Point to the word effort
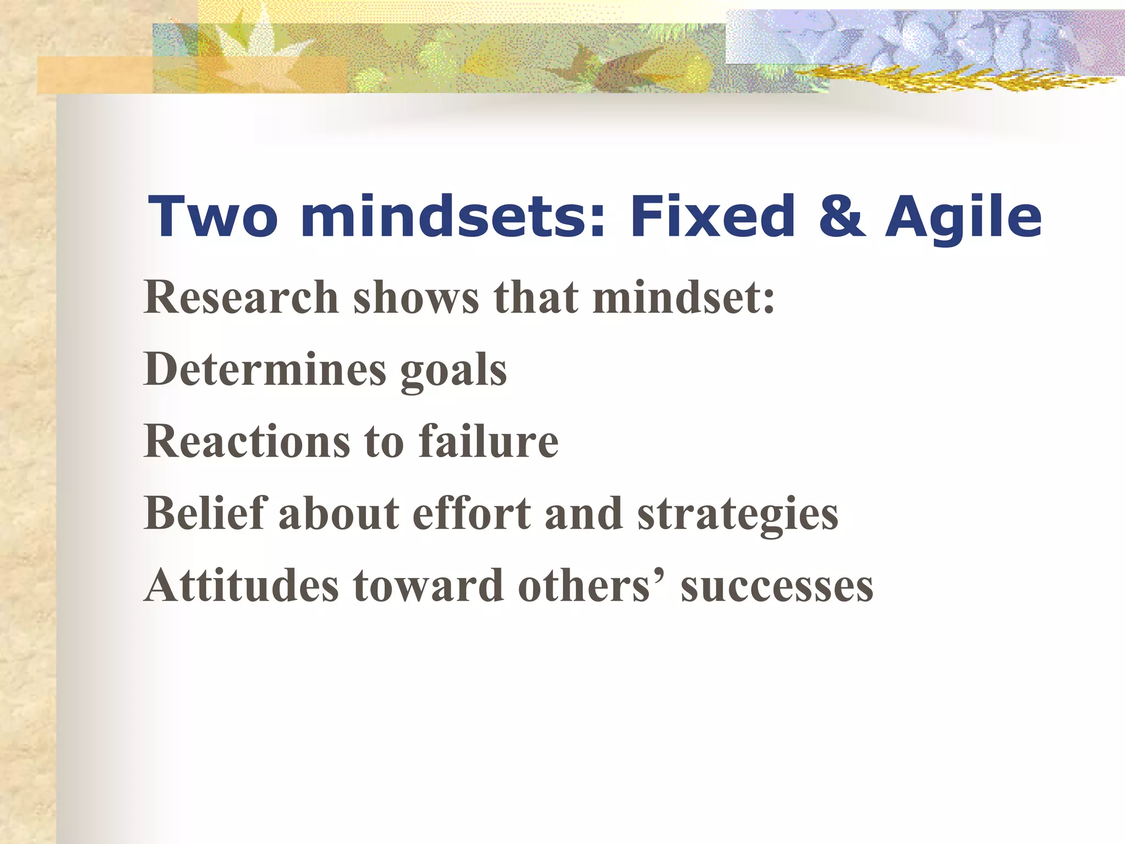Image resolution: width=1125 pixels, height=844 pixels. (x=472, y=513)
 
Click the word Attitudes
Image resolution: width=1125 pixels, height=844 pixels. (x=242, y=586)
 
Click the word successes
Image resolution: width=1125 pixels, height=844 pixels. (x=777, y=587)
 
